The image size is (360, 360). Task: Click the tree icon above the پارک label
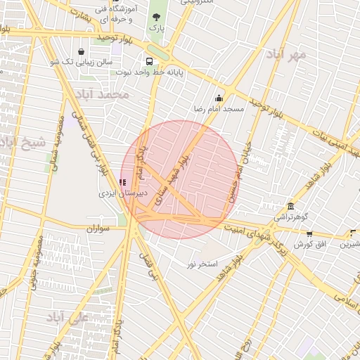click(x=156, y=17)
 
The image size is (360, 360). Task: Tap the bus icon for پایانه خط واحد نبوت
click(x=148, y=61)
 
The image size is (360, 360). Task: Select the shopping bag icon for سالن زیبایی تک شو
click(x=82, y=51)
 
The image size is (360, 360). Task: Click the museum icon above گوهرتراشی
click(x=290, y=206)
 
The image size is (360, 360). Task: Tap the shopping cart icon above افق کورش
click(x=309, y=233)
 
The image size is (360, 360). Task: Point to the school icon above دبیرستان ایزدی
click(x=123, y=182)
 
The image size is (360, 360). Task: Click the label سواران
click(x=100, y=229)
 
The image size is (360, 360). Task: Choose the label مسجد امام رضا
click(x=219, y=110)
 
